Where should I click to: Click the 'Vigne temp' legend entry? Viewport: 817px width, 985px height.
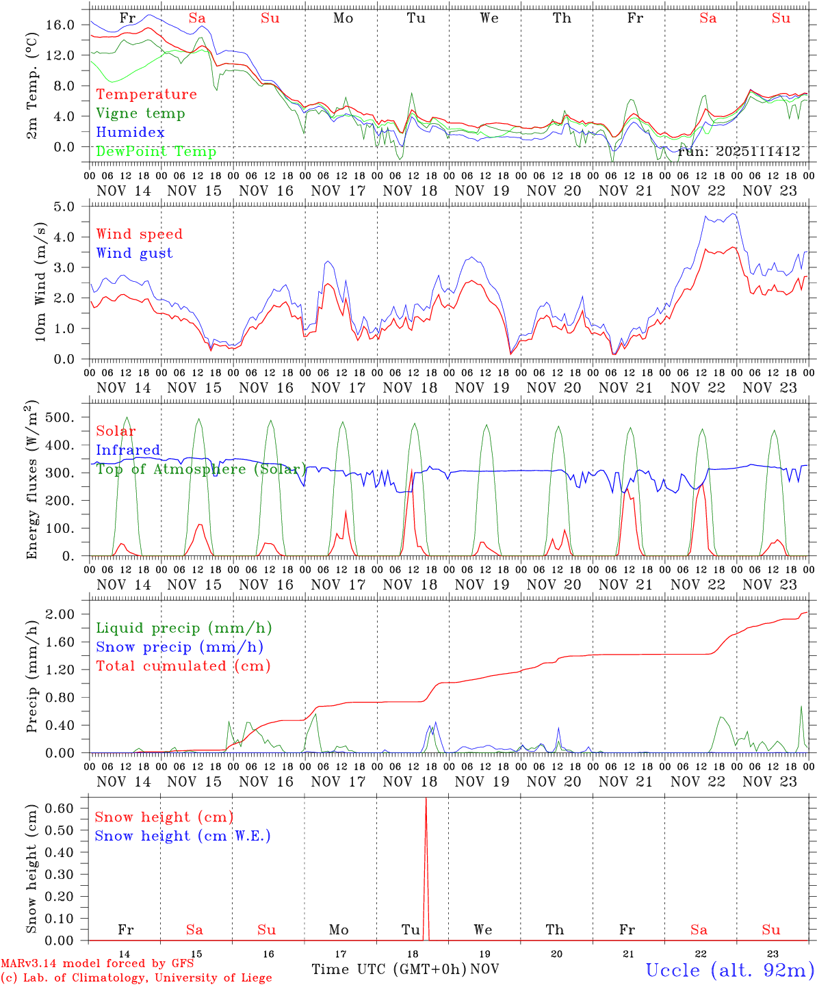(140, 114)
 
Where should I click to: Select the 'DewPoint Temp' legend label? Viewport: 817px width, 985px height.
(156, 151)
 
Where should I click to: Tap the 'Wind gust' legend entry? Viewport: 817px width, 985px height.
(134, 253)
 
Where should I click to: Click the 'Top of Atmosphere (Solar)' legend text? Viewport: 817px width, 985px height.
(201, 469)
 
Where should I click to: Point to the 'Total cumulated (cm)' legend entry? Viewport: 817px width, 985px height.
(183, 666)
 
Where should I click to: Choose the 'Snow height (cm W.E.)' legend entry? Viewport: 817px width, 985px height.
(183, 836)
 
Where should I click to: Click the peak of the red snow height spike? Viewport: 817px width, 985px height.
(426, 799)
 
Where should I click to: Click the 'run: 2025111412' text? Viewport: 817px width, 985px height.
(738, 152)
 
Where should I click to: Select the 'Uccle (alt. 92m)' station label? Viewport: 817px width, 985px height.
(730, 970)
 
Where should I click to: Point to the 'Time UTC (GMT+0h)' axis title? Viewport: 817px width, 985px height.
(389, 969)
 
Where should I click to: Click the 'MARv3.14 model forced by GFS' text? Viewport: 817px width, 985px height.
(97, 964)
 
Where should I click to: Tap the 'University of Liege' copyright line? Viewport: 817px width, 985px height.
(136, 978)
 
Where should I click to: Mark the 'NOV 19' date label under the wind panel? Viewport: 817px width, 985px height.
(483, 388)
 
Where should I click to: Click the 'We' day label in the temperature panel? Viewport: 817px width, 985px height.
(489, 18)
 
